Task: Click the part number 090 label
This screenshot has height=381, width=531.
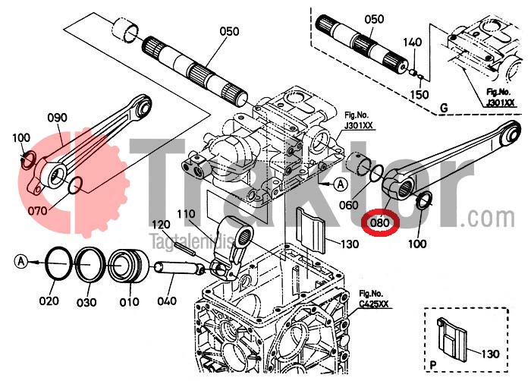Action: coord(57,117)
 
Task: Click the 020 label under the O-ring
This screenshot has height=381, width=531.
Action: coord(49,301)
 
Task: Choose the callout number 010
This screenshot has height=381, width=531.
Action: coord(130,302)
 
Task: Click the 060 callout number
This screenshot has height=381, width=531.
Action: coord(349,205)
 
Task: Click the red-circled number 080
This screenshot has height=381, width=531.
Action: coord(379,224)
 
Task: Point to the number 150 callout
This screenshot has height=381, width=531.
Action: coord(419,93)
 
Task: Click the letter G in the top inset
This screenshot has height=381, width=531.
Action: coord(443,109)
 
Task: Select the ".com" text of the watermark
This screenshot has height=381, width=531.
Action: coord(496,218)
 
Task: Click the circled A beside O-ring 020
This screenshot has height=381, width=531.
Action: coord(21,261)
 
